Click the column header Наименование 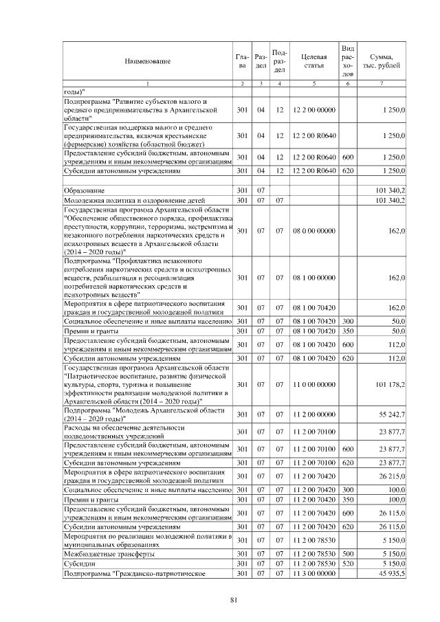coord(147,61)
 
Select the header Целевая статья coord(313,61)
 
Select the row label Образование coord(85,190)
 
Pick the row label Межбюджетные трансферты coord(108,553)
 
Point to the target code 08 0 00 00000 coord(313,231)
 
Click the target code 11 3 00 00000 coord(313,573)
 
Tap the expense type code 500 coord(348,553)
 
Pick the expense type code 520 coord(348,563)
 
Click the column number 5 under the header coord(313,83)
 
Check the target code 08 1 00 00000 coord(313,278)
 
